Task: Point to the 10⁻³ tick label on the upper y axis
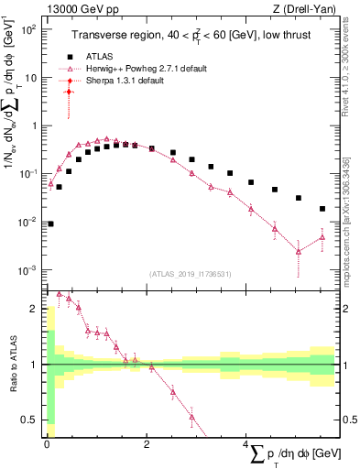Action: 29,270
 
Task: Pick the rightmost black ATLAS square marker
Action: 322,209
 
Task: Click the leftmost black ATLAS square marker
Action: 50,224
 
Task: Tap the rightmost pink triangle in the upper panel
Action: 322,237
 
